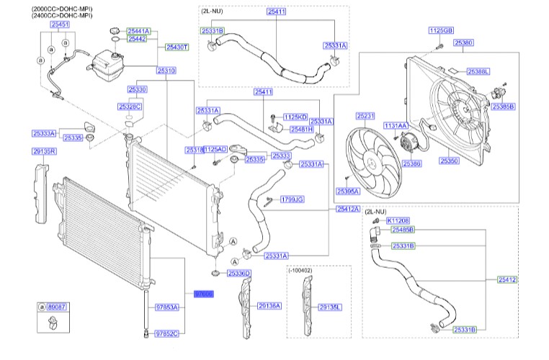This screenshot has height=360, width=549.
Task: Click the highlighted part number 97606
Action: click(204, 294)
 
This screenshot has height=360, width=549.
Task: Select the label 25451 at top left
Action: click(60, 24)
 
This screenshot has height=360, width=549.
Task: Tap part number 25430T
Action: click(177, 47)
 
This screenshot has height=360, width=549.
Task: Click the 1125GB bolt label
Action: click(440, 31)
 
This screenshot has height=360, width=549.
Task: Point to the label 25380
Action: click(463, 43)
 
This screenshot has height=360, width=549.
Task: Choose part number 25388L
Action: click(478, 72)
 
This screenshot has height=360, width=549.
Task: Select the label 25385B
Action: click(503, 107)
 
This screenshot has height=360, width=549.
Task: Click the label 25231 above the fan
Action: click(366, 115)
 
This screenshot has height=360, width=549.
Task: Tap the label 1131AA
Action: click(395, 125)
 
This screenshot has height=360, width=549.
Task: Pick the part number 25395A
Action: click(348, 191)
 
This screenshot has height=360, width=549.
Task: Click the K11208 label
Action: click(398, 220)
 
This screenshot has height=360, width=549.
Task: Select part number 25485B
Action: click(403, 230)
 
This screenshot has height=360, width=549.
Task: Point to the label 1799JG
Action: click(291, 199)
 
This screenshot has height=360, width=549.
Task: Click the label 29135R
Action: click(44, 151)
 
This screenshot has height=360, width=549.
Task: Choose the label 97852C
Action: click(166, 333)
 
